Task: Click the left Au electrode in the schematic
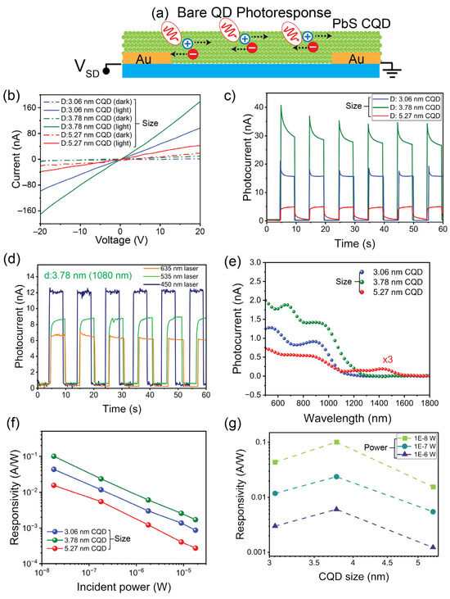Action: pyautogui.click(x=146, y=58)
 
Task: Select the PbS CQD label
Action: pyautogui.click(x=362, y=23)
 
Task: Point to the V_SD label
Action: pyautogui.click(x=88, y=68)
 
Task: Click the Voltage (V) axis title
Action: pyautogui.click(x=121, y=240)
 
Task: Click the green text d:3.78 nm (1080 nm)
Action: pyautogui.click(x=88, y=275)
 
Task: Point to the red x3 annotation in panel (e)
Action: pyautogui.click(x=387, y=360)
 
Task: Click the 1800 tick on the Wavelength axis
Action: pyautogui.click(x=429, y=402)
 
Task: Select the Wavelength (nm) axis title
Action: pyautogui.click(x=348, y=418)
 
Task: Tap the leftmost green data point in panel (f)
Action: pyautogui.click(x=54, y=456)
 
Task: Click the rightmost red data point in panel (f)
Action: pyautogui.click(x=196, y=548)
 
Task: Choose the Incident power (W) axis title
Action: pyautogui.click(x=124, y=587)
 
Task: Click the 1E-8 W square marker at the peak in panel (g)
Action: pyautogui.click(x=336, y=442)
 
